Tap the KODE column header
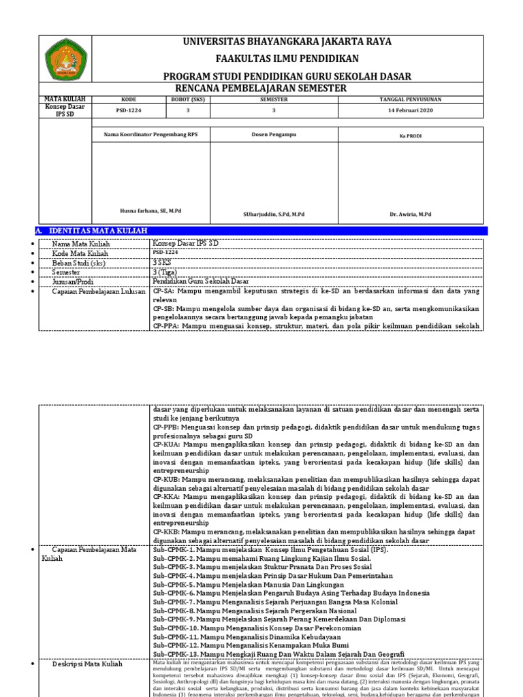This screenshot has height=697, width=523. coord(129,99)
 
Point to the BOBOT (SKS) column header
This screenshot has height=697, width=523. coord(188,99)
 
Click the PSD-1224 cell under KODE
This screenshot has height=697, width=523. coord(129,110)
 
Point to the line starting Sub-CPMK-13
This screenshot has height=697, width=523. coord(278,654)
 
